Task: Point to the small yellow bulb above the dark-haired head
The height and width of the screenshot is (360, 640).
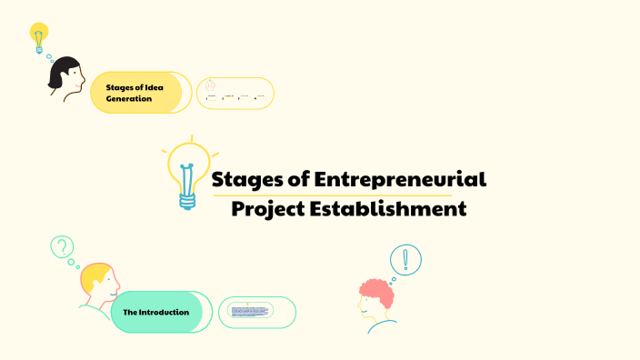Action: coord(38,36)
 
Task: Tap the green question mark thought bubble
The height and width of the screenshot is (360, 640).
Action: coord(61,246)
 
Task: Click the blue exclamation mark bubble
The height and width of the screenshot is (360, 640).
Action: coord(405,260)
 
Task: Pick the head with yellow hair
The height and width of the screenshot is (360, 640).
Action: coord(98,283)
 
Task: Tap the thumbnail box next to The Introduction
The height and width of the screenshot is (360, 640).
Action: coord(257,312)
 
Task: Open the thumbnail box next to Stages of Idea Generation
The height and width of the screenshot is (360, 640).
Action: coord(235,94)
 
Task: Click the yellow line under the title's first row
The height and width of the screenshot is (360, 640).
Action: coord(331,195)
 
